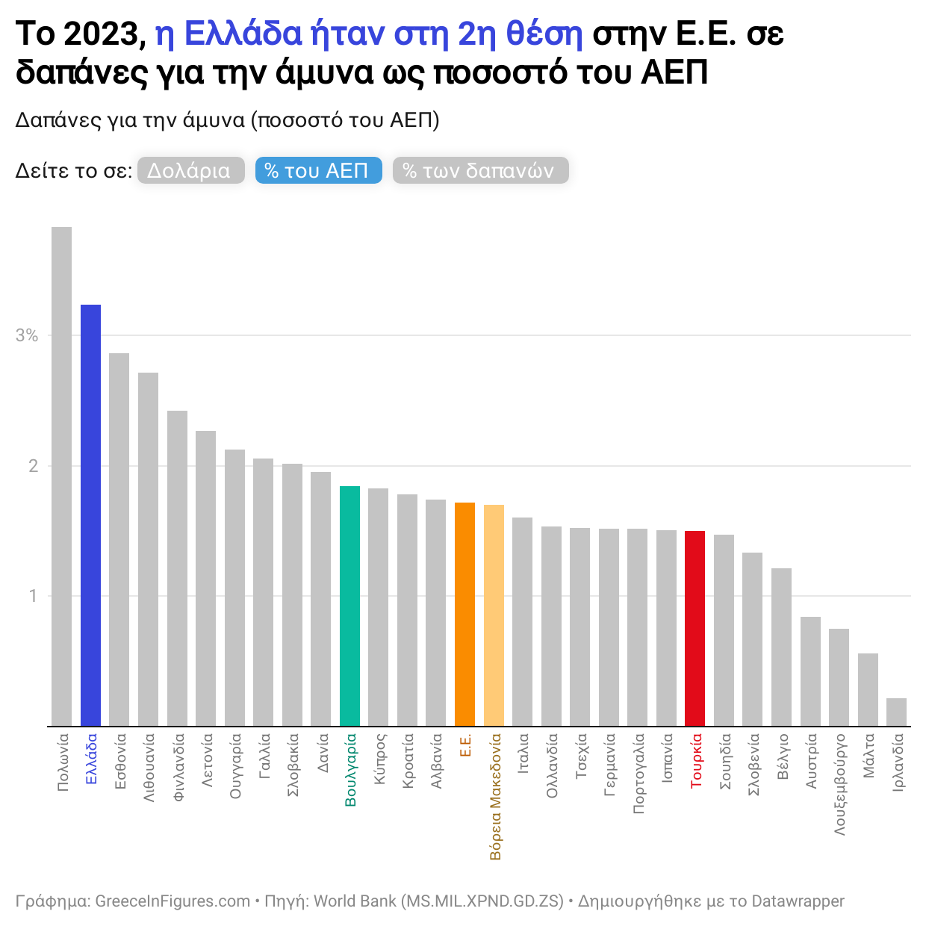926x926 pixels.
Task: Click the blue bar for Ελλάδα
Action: pyautogui.click(x=90, y=515)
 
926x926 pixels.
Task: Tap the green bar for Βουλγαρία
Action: pyautogui.click(x=349, y=606)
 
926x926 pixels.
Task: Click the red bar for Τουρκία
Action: pyautogui.click(x=694, y=628)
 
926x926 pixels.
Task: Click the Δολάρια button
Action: pyautogui.click(x=190, y=170)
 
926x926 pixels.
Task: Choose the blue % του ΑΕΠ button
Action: pyautogui.click(x=318, y=170)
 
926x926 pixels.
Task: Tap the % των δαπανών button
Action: pyautogui.click(x=480, y=170)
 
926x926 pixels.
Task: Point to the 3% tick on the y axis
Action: pyautogui.click(x=27, y=335)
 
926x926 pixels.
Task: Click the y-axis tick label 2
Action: pyautogui.click(x=33, y=466)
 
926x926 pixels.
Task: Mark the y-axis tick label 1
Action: pyautogui.click(x=33, y=596)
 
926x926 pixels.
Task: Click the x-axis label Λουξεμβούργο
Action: pyautogui.click(x=840, y=783)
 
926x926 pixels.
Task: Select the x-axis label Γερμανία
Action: pyautogui.click(x=610, y=765)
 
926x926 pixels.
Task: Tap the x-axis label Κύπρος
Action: pyautogui.click(x=379, y=758)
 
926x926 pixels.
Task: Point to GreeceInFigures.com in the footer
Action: pyautogui.click(x=173, y=901)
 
